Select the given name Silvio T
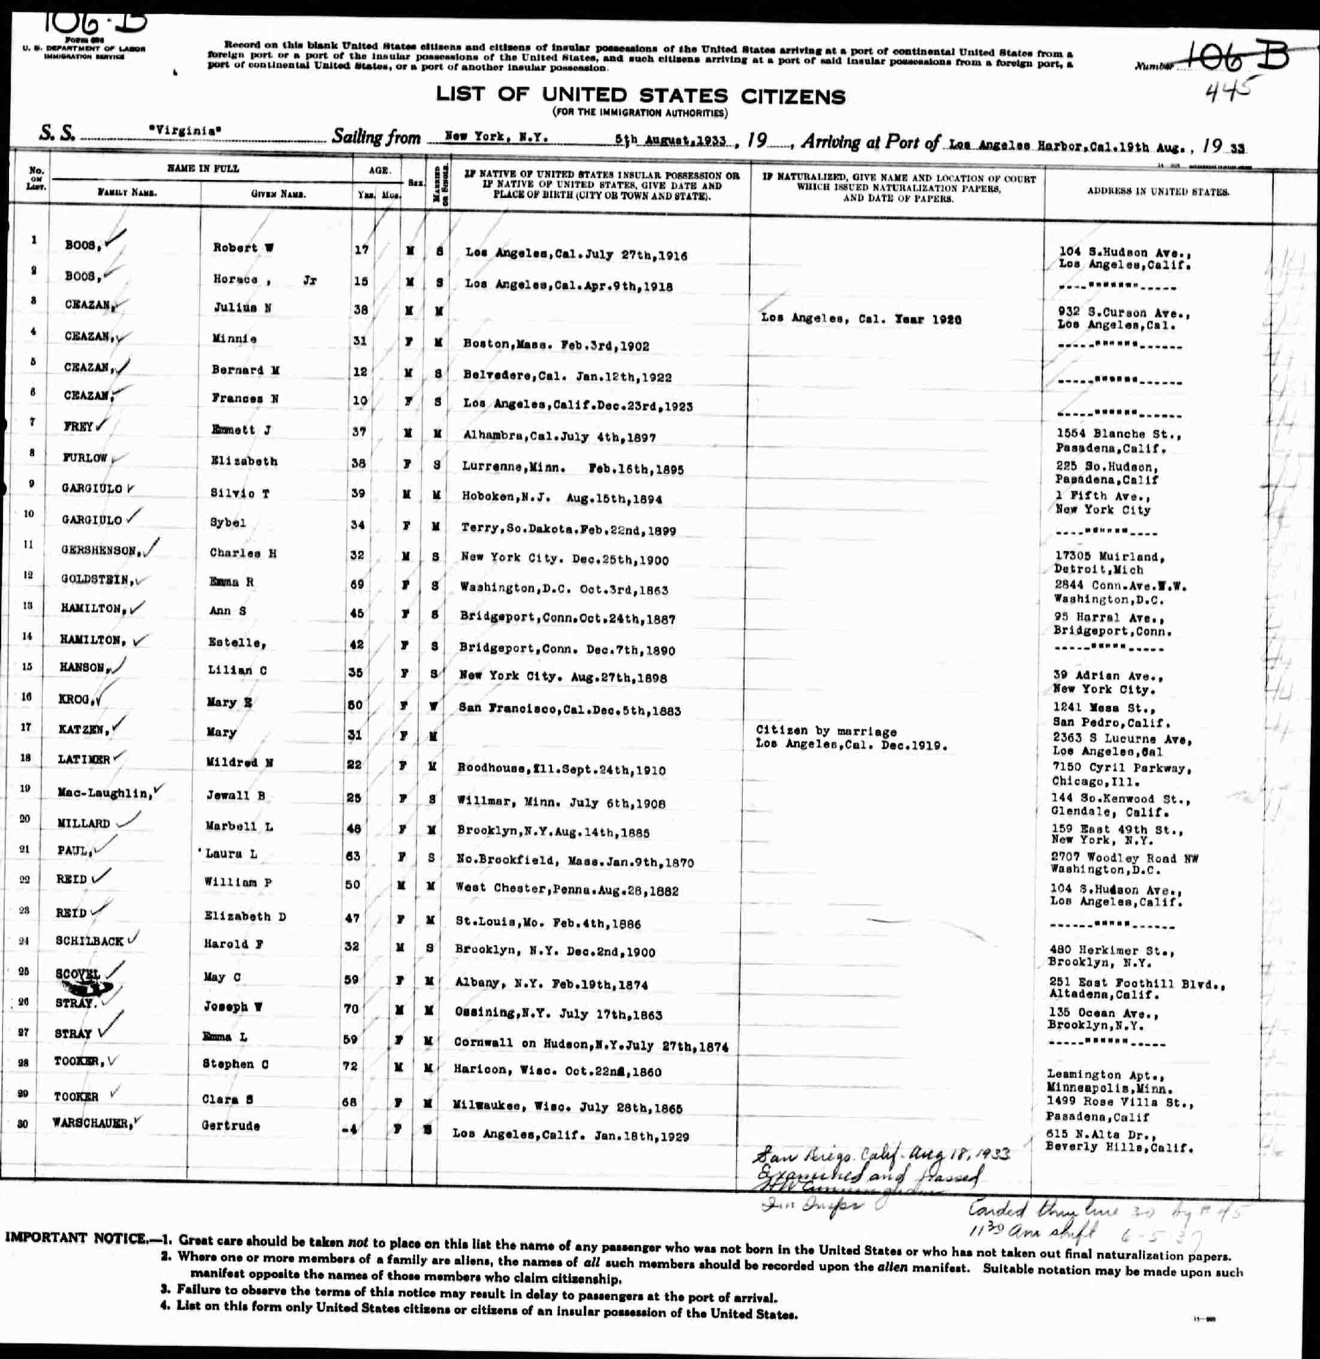click(x=241, y=493)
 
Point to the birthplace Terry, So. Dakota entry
click(x=568, y=530)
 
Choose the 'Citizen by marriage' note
click(x=826, y=732)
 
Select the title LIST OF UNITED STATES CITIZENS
click(x=640, y=95)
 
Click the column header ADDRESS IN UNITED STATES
click(x=1157, y=191)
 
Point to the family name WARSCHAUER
click(x=92, y=1123)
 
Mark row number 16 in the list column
click(x=26, y=697)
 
